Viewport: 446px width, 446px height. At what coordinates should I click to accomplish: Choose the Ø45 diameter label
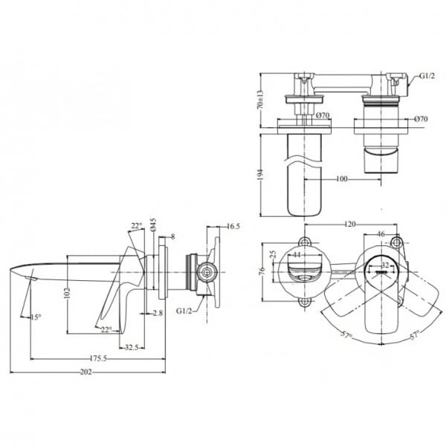[152, 224]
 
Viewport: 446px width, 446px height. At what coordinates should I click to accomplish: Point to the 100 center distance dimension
[341, 178]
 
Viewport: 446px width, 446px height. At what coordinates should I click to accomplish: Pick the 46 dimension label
[381, 235]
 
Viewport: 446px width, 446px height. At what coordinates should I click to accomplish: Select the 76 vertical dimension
[262, 271]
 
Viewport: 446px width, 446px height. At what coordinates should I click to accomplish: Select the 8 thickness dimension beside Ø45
[172, 237]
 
